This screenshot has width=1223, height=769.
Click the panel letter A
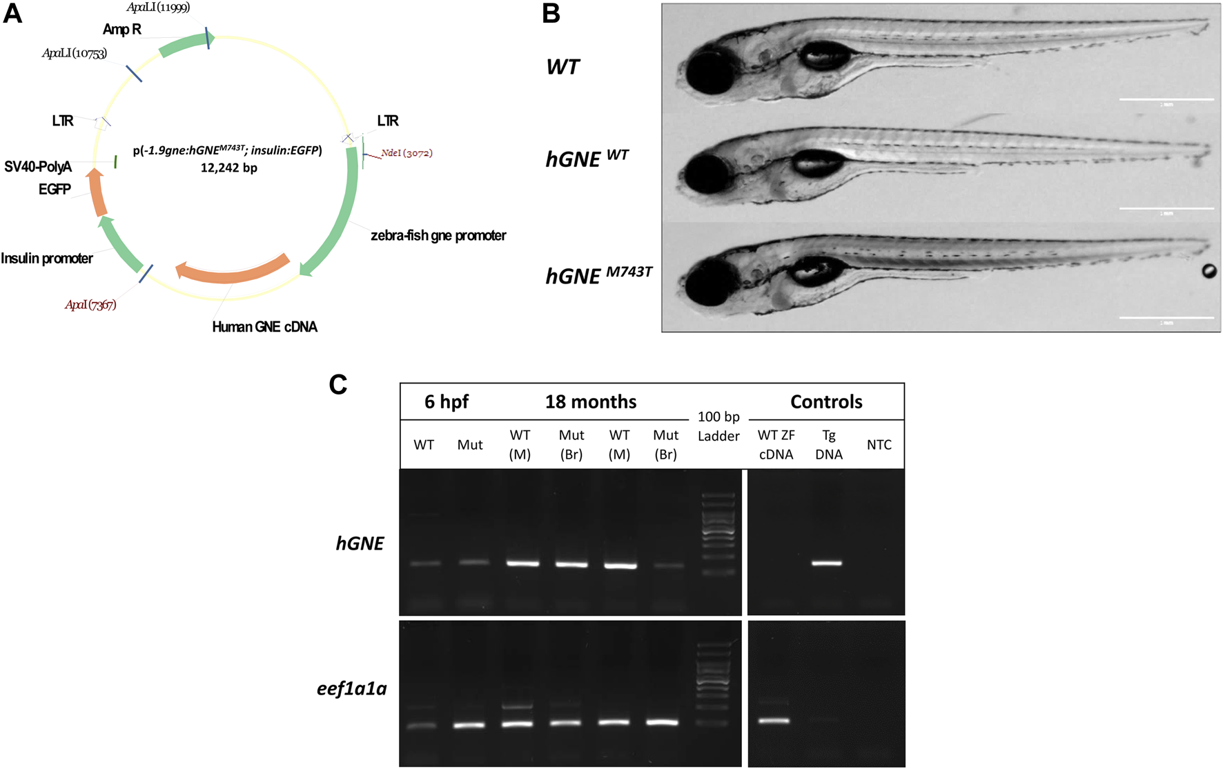pos(13,13)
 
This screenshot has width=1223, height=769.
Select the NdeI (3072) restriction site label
pos(407,153)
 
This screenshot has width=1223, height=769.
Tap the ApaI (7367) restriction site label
pos(90,305)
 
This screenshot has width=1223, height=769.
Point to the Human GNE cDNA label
pos(264,327)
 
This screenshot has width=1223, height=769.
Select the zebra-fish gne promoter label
pos(438,236)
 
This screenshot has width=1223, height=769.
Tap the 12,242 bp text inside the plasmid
pos(228,168)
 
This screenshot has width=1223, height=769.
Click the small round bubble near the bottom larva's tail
pos(1209,271)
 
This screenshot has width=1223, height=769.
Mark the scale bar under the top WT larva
pos(1166,100)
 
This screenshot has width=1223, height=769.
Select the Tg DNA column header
pos(829,445)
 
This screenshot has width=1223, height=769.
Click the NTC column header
pos(879,445)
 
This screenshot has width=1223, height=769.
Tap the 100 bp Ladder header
pos(718,426)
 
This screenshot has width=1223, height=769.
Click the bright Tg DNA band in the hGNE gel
pos(826,563)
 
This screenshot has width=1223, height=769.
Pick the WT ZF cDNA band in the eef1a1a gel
pos(774,721)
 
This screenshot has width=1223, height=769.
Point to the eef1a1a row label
pos(352,688)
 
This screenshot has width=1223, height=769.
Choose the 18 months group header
pos(591,402)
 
